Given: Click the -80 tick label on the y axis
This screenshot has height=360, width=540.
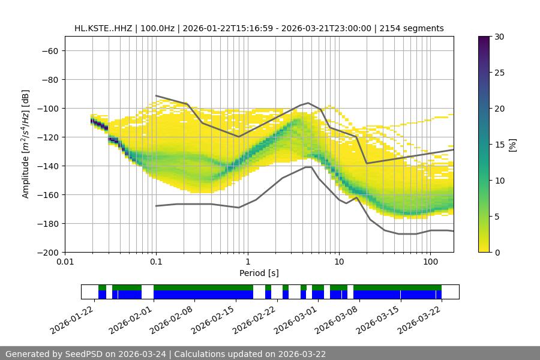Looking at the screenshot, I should [49, 79].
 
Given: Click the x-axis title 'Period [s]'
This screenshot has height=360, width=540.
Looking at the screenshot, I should [259, 274].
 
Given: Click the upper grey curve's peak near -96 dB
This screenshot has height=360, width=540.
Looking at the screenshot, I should [308, 103].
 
